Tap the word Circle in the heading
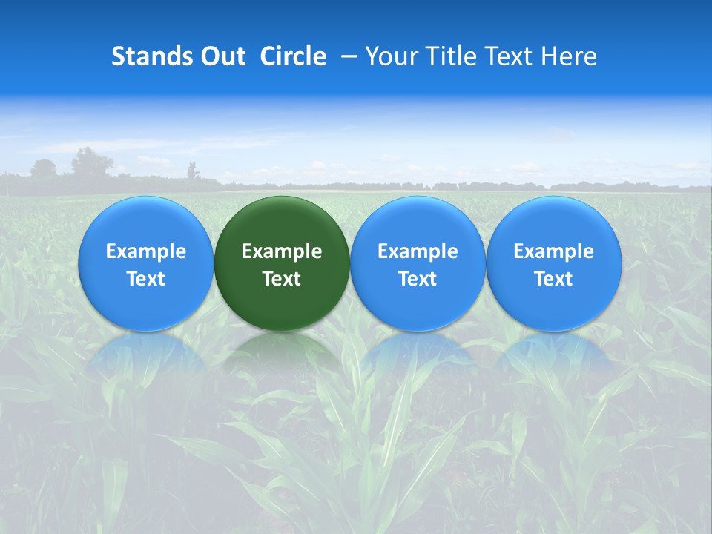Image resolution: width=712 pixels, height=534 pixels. coord(293,56)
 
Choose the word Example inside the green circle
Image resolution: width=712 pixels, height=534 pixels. coord(282,251)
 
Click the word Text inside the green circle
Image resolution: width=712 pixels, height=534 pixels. coord(282,279)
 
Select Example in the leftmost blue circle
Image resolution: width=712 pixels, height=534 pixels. coord(146,251)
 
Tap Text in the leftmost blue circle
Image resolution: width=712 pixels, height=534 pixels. coord(146,279)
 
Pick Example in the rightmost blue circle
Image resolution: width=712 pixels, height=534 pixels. coord(553,251)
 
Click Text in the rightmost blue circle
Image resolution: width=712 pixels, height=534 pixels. coord(553,279)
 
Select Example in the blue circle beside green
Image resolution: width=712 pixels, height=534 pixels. coord(418,251)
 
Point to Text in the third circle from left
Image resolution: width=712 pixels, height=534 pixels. coord(418,279)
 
